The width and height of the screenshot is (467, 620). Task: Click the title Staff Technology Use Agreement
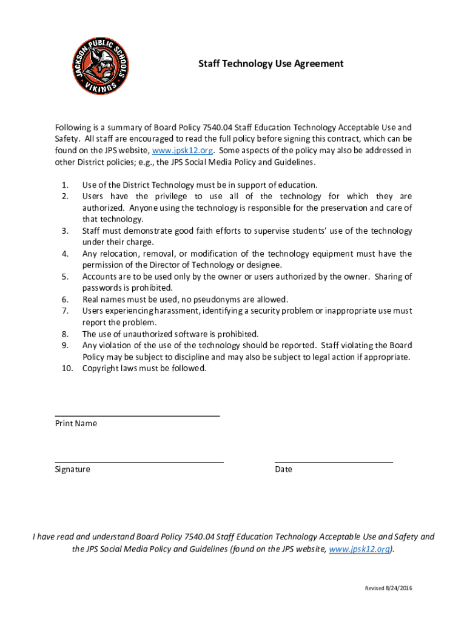coord(271,64)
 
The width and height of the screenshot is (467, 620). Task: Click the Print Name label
coord(76,423)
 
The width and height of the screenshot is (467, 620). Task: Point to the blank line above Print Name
coord(137,416)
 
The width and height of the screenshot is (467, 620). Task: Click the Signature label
coord(72,469)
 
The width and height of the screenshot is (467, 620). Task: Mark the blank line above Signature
coord(139,462)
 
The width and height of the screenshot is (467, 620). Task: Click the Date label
coord(283,469)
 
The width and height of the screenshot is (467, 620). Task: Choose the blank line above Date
coord(334,462)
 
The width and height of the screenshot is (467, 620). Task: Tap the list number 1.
coord(65,185)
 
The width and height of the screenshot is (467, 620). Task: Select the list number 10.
coord(67,368)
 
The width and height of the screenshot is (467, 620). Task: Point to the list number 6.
coord(65,300)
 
